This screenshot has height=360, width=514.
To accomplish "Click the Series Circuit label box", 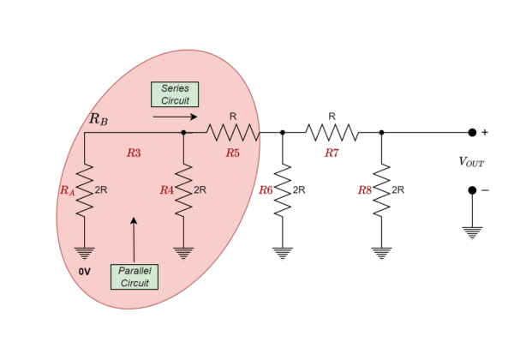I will [x=175, y=94].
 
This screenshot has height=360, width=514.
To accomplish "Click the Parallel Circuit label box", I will [x=134, y=277].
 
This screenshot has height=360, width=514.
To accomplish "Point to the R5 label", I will [x=232, y=153].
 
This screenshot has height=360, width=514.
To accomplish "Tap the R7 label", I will [x=332, y=153].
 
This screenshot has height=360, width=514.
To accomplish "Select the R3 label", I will [x=134, y=153].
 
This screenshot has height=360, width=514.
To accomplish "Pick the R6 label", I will [x=266, y=189].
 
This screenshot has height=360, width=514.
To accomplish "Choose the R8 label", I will [x=365, y=189].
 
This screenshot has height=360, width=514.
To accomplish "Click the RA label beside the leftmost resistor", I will [x=67, y=190].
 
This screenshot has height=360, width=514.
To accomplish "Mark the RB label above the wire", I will [x=99, y=119].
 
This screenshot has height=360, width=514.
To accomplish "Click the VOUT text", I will [x=471, y=161].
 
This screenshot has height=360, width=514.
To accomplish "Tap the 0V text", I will [x=84, y=271].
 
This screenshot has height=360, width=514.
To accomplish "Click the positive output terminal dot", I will [x=472, y=132].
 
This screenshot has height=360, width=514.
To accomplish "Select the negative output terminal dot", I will [x=472, y=190].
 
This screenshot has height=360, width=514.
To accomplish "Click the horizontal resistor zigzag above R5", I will [x=232, y=132].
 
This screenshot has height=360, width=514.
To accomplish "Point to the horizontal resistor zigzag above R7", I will [x=332, y=132].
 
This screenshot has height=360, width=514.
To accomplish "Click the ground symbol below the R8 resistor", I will [x=381, y=252].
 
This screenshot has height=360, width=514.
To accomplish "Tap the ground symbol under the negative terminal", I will [x=472, y=231].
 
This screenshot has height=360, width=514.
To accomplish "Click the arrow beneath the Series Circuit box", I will [x=176, y=117].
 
